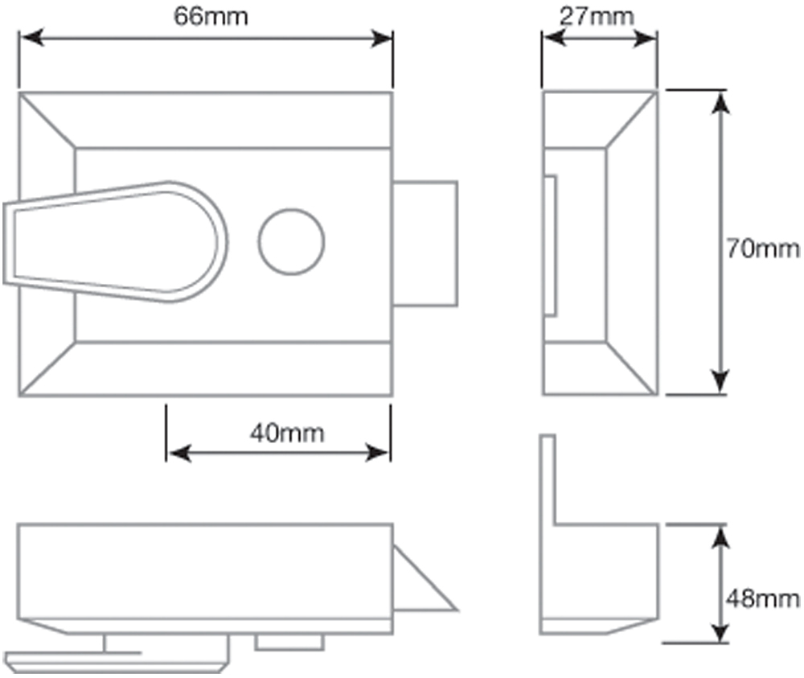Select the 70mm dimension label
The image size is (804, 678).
[763, 248]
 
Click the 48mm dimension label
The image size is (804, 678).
[763, 598]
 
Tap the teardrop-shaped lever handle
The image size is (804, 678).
[121, 242]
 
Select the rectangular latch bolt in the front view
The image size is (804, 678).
[426, 242]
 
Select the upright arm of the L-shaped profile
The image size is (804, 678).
[548, 479]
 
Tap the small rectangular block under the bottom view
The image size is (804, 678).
[289, 641]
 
